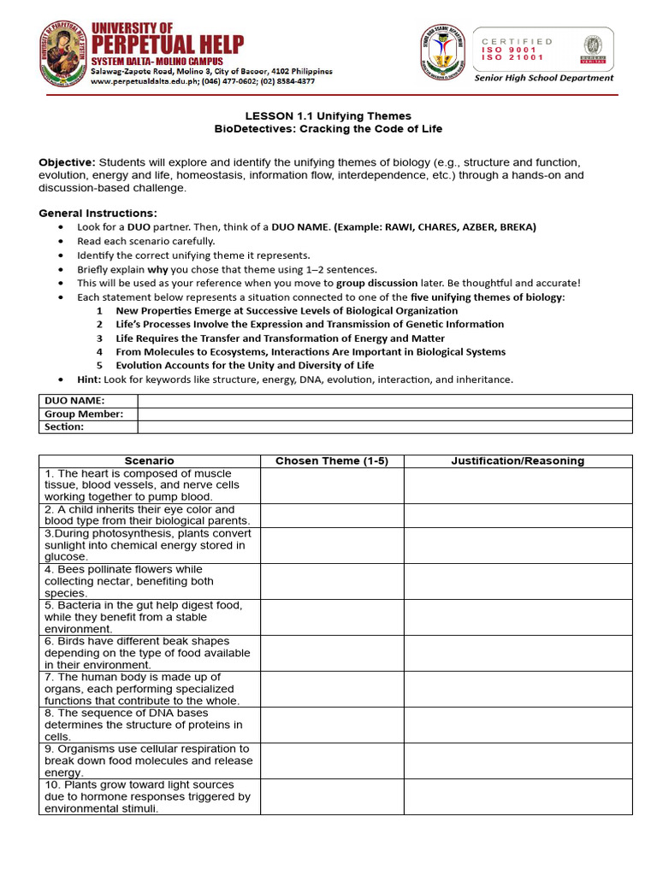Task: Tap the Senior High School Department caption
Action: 544,78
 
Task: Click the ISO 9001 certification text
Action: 509,50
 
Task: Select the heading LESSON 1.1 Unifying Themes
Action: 328,116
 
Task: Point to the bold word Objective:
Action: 67,162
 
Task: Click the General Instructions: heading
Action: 98,213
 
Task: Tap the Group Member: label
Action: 84,414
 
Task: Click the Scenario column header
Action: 149,461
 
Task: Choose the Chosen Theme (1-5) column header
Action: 332,461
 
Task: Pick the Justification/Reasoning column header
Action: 518,461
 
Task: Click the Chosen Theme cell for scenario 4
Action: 332,581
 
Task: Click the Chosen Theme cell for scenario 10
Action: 332,796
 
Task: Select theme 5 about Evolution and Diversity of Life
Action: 245,366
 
